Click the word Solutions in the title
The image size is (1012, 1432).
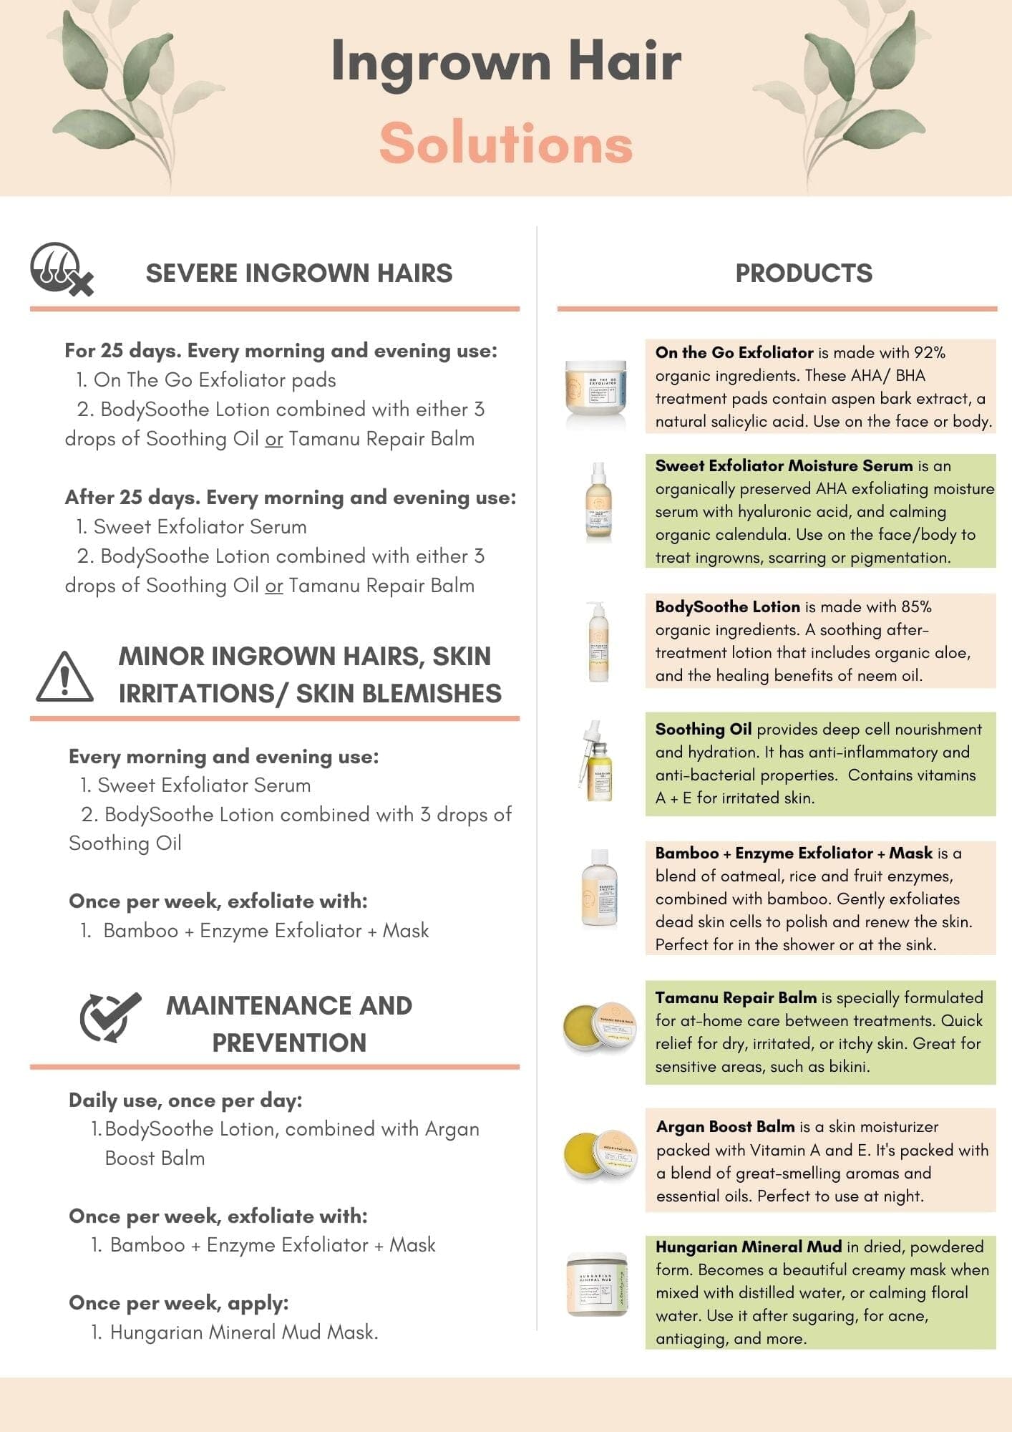coord(506,143)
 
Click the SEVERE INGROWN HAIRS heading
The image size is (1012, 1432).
coord(299,273)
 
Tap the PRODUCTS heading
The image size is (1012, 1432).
coord(804,273)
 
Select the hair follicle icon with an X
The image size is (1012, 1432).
coord(61,270)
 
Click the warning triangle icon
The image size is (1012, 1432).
coord(64,677)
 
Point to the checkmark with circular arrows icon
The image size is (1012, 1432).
coord(110,1017)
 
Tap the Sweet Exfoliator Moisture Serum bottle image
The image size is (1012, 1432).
coord(598,500)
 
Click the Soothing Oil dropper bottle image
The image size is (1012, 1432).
coord(598,763)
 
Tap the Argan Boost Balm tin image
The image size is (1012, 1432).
coord(599,1155)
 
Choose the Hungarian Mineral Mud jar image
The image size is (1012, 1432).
coord(596,1285)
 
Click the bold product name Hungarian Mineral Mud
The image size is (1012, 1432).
coord(748,1247)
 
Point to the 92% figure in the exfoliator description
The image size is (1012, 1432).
coord(930,352)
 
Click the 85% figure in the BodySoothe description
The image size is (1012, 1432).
coord(916,606)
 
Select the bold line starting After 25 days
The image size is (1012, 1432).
coord(290,497)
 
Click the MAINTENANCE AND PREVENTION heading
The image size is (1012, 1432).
coord(289,1024)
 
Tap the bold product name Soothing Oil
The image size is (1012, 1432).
coord(703,729)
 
